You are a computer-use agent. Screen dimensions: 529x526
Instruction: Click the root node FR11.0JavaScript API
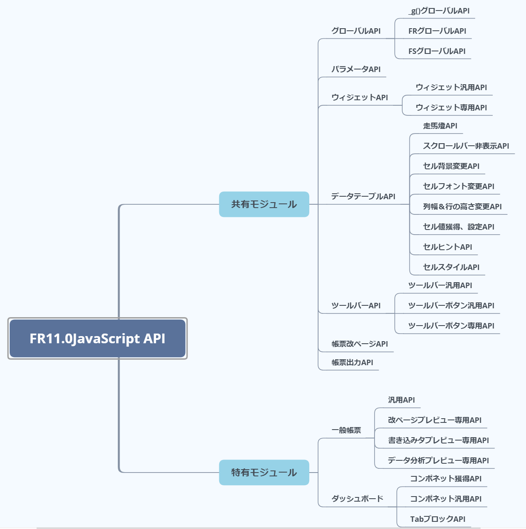[x=97, y=339]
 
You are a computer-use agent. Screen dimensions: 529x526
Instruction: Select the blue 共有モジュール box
[x=264, y=204]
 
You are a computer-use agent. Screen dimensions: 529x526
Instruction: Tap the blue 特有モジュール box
[x=264, y=473]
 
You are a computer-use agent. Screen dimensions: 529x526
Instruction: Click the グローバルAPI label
[x=356, y=31]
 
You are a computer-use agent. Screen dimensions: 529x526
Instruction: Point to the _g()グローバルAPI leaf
[x=439, y=11]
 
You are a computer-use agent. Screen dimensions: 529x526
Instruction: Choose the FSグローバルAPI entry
[x=437, y=51]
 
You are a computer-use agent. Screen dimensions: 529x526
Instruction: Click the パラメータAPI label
[x=356, y=69]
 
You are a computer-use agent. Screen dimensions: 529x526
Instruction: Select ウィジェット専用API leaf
[x=451, y=108]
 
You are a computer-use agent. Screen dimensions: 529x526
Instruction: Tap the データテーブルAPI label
[x=363, y=196]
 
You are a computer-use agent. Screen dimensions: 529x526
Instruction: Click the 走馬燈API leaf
[x=440, y=126]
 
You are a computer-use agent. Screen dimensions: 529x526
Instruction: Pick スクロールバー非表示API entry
[x=466, y=146]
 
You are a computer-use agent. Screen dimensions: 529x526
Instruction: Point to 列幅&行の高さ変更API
[x=462, y=207]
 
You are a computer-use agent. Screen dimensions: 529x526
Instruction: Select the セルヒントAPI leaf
[x=447, y=247]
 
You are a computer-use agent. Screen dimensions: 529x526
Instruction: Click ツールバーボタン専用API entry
[x=451, y=326]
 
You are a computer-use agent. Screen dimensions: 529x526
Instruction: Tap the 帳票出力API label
[x=352, y=363]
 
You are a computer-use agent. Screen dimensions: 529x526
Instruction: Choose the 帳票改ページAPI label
[x=359, y=344]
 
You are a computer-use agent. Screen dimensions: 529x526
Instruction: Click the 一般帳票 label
[x=346, y=430]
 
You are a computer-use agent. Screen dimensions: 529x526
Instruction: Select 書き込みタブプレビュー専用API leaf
[x=438, y=441]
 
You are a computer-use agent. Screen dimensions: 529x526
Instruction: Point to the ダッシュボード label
[x=357, y=499]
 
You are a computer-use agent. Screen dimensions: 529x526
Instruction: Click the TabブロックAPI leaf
[x=438, y=519]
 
